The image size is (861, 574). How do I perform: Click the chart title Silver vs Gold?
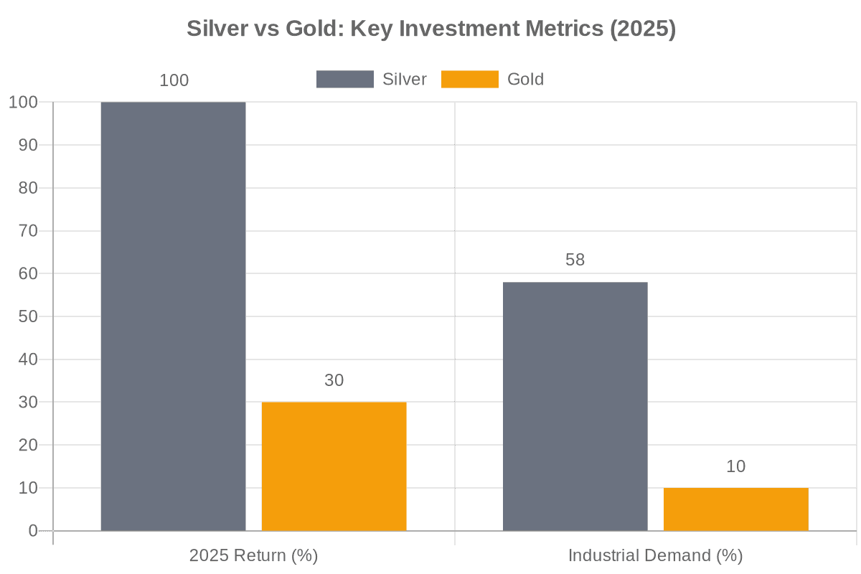[x=431, y=29]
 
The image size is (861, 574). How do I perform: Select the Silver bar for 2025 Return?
[x=173, y=316]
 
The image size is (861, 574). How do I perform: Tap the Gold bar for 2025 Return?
[x=334, y=466]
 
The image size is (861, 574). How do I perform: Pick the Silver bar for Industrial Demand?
[x=575, y=406]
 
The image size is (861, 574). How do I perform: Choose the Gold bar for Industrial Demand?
[x=735, y=509]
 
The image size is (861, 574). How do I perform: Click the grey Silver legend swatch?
[x=345, y=80]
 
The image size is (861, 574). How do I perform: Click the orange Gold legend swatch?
[x=470, y=80]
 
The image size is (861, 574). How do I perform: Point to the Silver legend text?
[x=405, y=80]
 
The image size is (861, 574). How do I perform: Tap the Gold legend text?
[x=525, y=80]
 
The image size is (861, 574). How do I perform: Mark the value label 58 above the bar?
[x=575, y=260]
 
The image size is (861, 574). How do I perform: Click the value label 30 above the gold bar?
[x=334, y=381]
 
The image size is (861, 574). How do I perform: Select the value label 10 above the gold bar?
[x=735, y=467]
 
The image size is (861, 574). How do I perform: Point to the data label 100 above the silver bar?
[x=174, y=80]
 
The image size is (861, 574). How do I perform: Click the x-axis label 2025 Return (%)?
[x=253, y=556]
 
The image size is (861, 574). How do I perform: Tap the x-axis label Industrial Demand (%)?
[x=656, y=556]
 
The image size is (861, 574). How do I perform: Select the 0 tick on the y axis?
[x=32, y=531]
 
